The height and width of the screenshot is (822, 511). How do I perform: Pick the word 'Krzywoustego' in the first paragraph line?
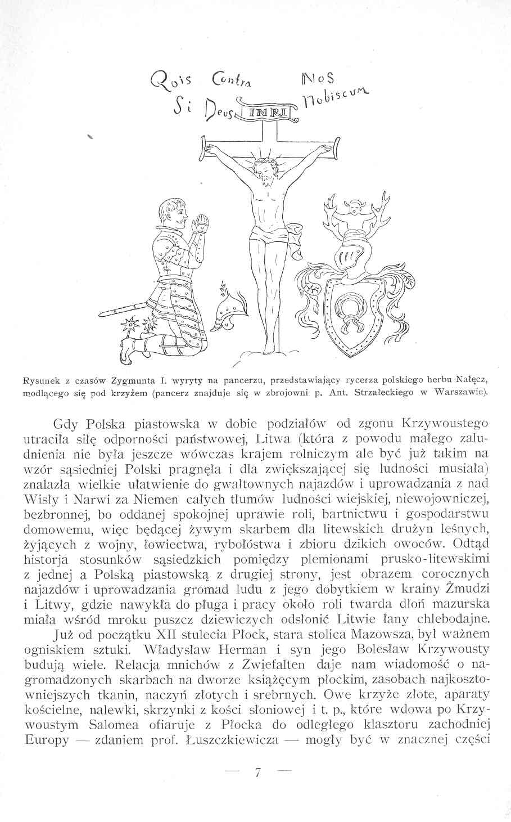pyautogui.click(x=446, y=423)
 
